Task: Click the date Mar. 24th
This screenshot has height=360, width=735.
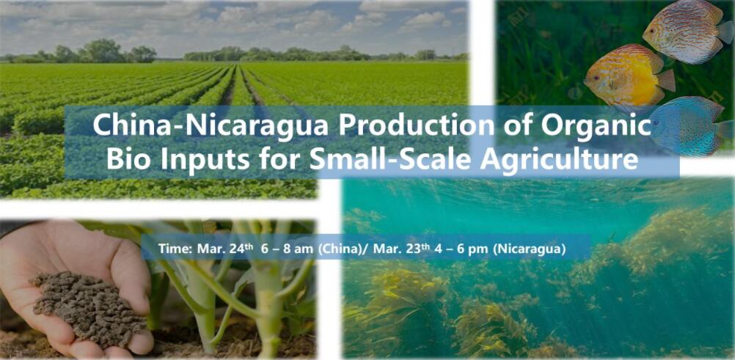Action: pos(219,248)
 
